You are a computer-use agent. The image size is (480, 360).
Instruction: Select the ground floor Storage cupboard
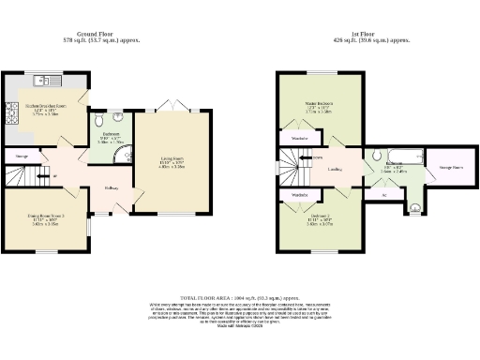click(x=22, y=154)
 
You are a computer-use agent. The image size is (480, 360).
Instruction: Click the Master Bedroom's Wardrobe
click(x=299, y=138)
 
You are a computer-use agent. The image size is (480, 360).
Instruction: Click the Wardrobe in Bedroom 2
click(x=300, y=195)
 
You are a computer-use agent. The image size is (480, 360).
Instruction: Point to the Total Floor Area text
click(x=239, y=295)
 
